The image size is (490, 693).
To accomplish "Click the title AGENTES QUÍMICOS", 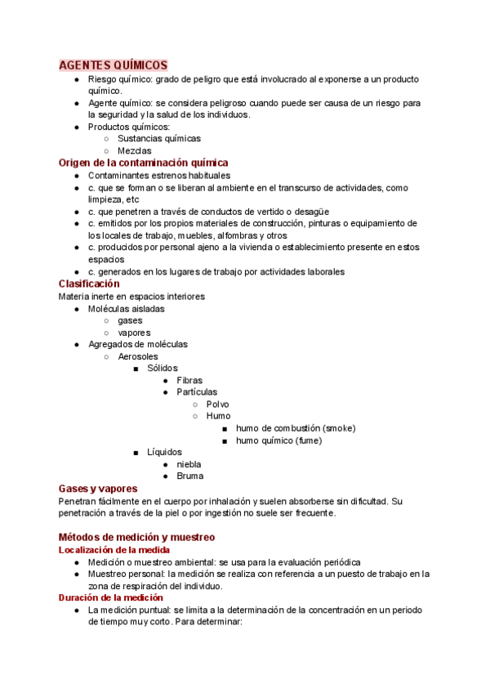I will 114,65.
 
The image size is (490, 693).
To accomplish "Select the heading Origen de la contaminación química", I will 143,163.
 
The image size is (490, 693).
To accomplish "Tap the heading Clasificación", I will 89,284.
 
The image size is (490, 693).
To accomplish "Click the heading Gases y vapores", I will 97,488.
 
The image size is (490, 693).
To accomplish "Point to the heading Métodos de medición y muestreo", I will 136,537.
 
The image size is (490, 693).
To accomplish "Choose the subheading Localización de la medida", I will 114,550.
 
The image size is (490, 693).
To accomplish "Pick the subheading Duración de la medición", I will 111,597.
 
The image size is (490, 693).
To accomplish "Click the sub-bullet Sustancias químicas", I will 158,139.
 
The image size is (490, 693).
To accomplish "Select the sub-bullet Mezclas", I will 134,151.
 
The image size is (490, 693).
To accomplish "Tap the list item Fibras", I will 189,380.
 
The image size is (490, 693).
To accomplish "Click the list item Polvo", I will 218,405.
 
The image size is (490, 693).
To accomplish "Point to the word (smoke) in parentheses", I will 339,428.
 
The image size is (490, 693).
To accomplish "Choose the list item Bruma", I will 189,476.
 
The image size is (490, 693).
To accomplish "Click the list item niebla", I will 189,464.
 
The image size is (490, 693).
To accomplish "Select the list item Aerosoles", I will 138,356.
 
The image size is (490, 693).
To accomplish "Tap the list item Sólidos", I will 162,369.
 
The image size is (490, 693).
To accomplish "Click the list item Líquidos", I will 164,452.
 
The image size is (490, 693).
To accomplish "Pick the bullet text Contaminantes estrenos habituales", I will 159,175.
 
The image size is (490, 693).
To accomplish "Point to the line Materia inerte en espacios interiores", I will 131,296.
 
